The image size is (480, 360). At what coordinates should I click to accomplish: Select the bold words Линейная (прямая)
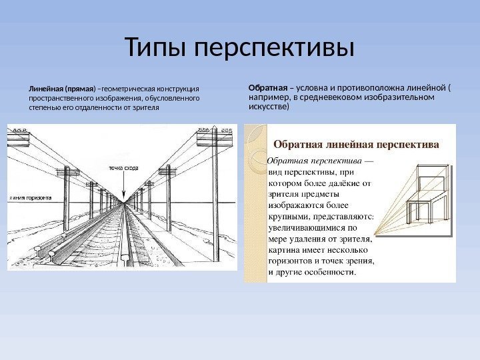pyautogui.click(x=61, y=87)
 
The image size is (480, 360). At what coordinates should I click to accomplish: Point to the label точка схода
pyautogui.click(x=123, y=168)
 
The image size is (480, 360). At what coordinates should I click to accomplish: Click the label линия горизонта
pyautogui.click(x=31, y=198)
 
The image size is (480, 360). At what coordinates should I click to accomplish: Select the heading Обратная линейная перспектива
pyautogui.click(x=356, y=143)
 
